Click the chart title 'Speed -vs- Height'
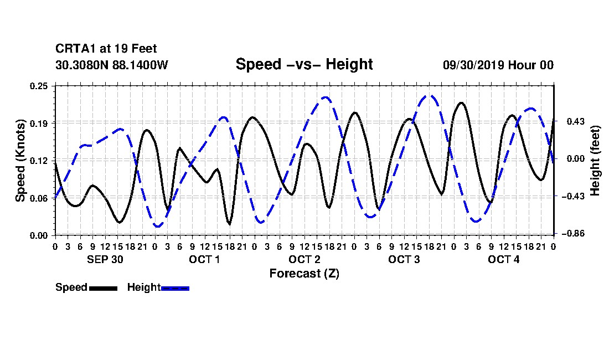(x=304, y=64)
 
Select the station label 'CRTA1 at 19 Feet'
(x=106, y=49)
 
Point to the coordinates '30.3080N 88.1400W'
(x=112, y=65)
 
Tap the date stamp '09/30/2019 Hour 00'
(x=498, y=65)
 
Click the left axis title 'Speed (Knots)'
(x=20, y=161)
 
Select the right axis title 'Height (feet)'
(x=595, y=161)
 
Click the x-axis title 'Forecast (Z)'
(x=304, y=274)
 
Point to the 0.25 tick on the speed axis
(x=39, y=86)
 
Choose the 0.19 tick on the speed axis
(x=39, y=123)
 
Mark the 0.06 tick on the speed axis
(x=39, y=198)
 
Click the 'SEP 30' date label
(x=105, y=259)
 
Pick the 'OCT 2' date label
(x=304, y=259)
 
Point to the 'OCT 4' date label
(x=503, y=259)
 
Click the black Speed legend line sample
(x=103, y=288)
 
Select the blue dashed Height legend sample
(x=175, y=288)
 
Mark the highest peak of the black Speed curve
(x=461, y=103)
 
